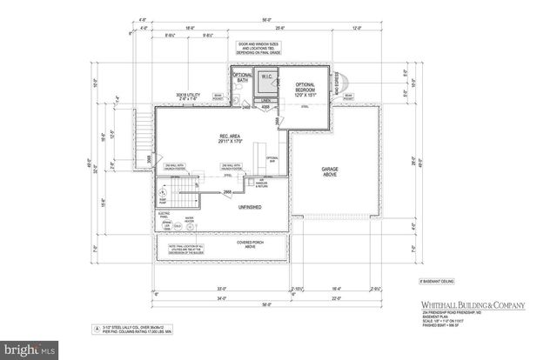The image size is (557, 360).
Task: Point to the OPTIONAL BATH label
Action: pyautogui.click(x=243, y=79)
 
